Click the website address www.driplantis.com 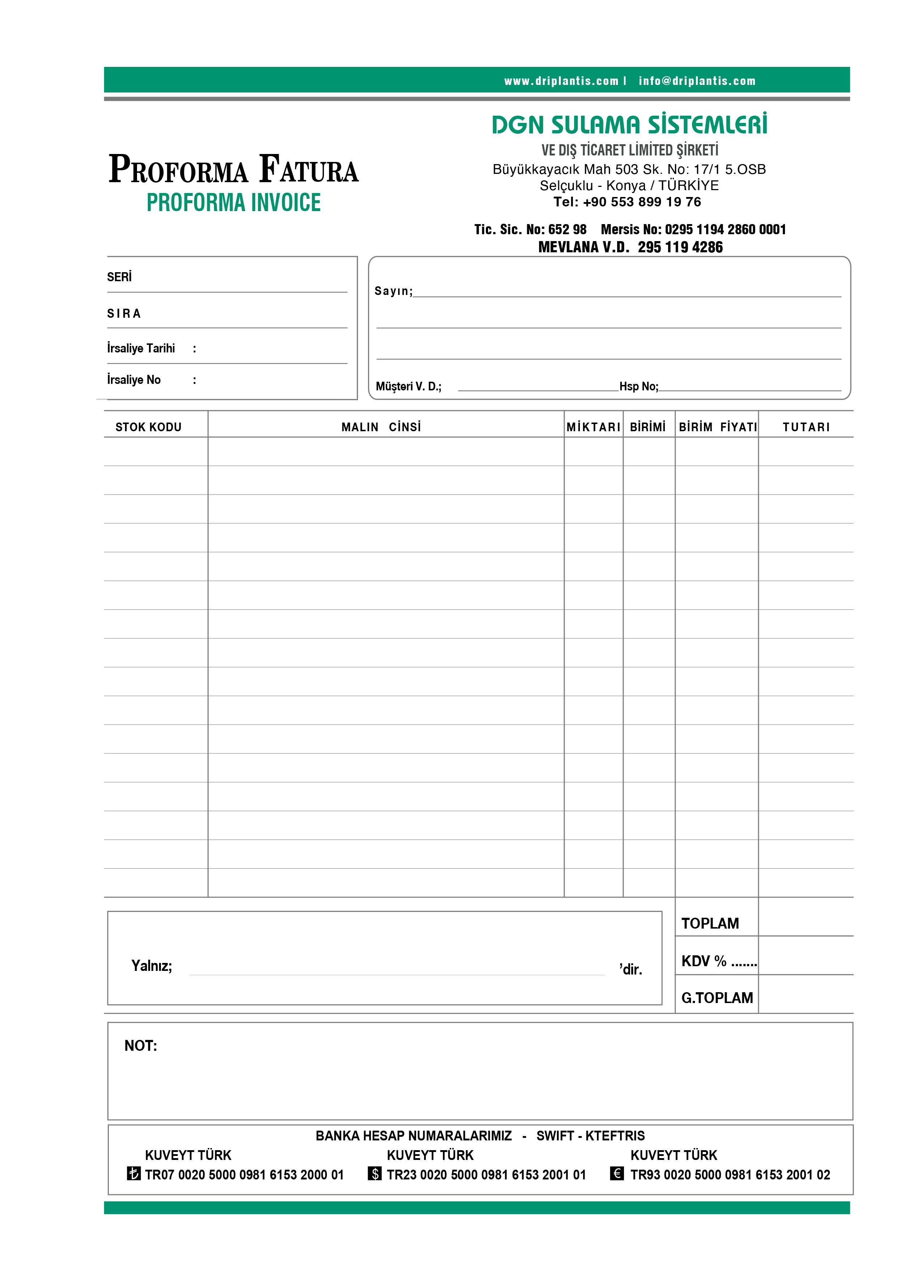561,81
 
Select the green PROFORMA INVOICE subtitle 233,203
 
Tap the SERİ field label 119,277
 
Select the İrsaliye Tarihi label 141,348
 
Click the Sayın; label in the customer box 393,291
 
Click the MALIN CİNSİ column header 381,427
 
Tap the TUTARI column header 806,427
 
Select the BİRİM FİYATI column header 717,427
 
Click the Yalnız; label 151,965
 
